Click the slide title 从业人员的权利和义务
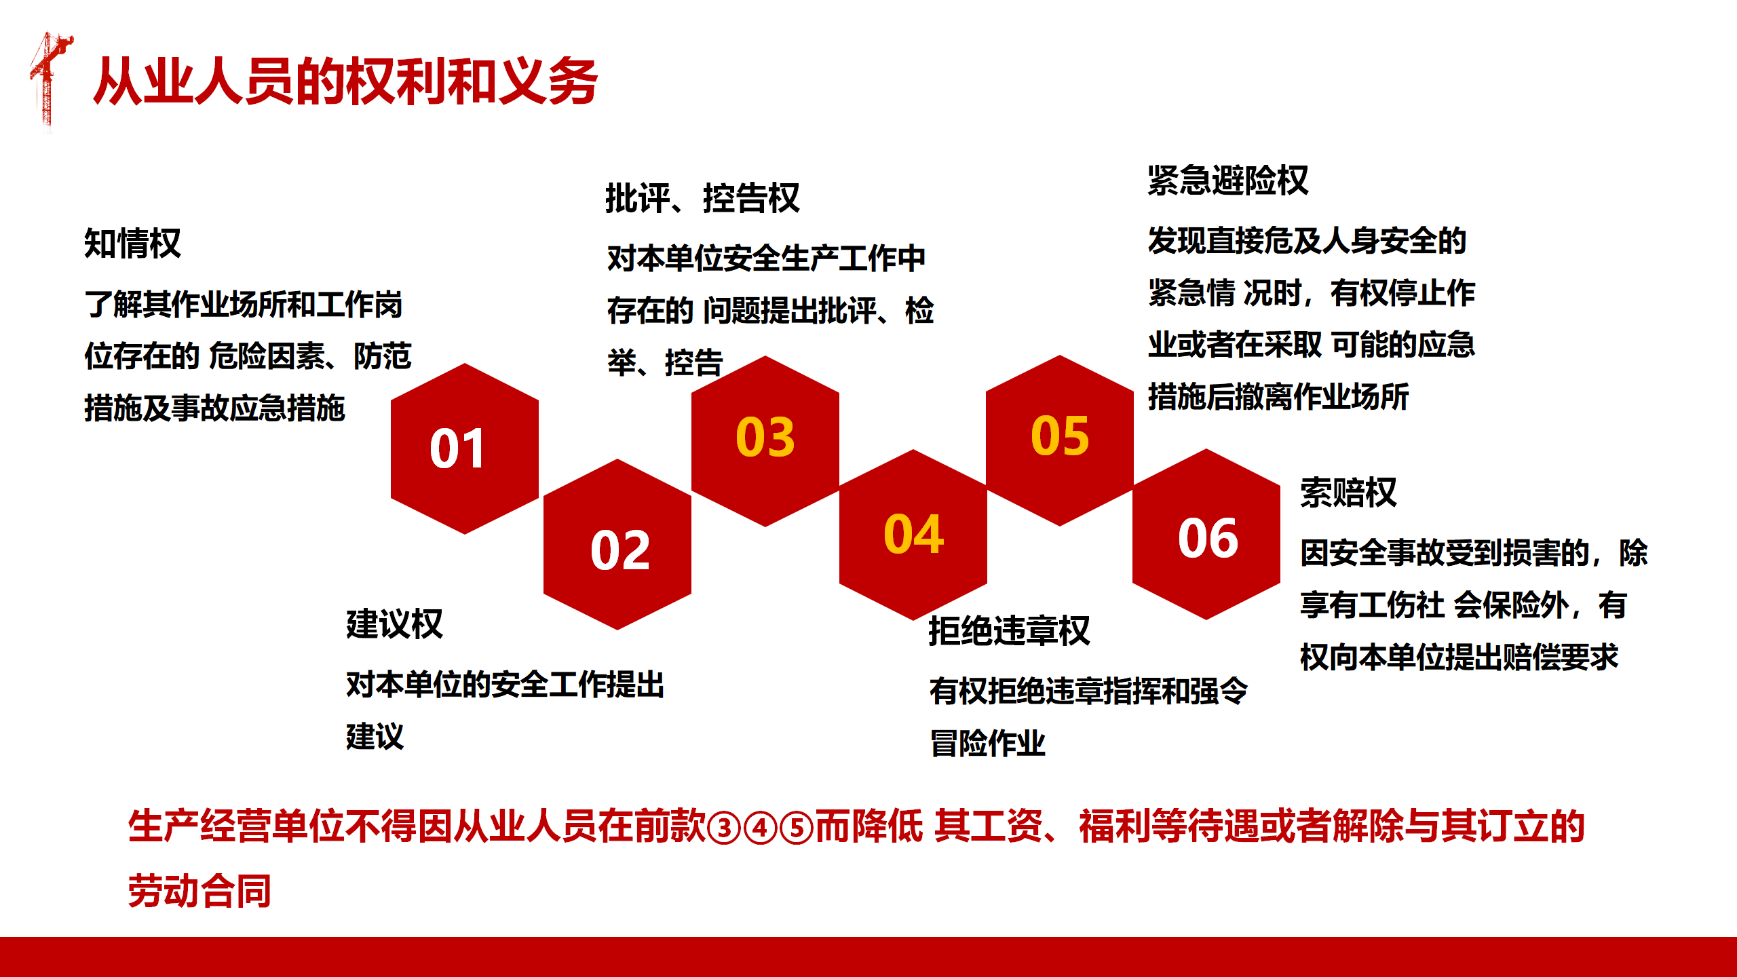[x=345, y=81]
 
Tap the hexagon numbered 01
[x=465, y=448]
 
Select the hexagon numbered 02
[x=617, y=544]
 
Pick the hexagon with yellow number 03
[x=765, y=441]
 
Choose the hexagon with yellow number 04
[x=913, y=535]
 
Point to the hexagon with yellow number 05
[x=1060, y=440]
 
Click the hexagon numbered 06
[x=1206, y=534]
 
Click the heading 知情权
[x=132, y=243]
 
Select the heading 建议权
[x=394, y=624]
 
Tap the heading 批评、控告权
[x=702, y=198]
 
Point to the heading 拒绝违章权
[x=1009, y=630]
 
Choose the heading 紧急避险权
[x=1228, y=180]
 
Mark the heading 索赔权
[x=1348, y=492]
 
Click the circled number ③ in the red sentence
[x=724, y=828]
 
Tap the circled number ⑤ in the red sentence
[x=797, y=828]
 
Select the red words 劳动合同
[x=199, y=890]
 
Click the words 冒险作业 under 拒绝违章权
[x=987, y=743]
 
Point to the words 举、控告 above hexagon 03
[x=665, y=362]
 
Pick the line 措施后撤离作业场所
[x=1278, y=396]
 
